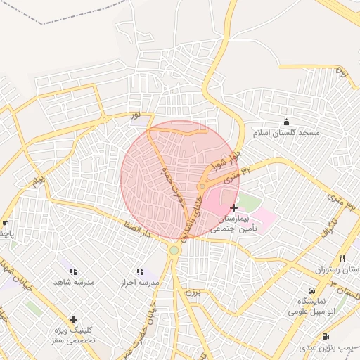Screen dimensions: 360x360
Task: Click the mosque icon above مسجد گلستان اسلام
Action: (x=285, y=122)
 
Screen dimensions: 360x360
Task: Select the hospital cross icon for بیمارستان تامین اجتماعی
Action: (x=233, y=207)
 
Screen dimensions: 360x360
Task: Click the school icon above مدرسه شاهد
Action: (x=73, y=271)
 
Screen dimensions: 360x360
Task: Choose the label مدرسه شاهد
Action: (x=74, y=282)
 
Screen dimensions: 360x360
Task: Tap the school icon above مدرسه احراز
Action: (x=139, y=271)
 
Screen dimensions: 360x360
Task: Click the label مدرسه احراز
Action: (x=140, y=282)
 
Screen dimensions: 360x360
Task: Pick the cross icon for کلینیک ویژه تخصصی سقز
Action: (x=73, y=319)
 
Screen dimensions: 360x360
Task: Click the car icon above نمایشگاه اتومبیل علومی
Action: (x=311, y=290)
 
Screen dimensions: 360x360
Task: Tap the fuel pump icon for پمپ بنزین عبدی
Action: (x=326, y=337)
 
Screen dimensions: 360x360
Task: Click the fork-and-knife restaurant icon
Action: (x=342, y=258)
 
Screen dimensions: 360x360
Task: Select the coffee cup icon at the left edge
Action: (x=6, y=223)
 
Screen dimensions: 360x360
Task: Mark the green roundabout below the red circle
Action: (x=174, y=250)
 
